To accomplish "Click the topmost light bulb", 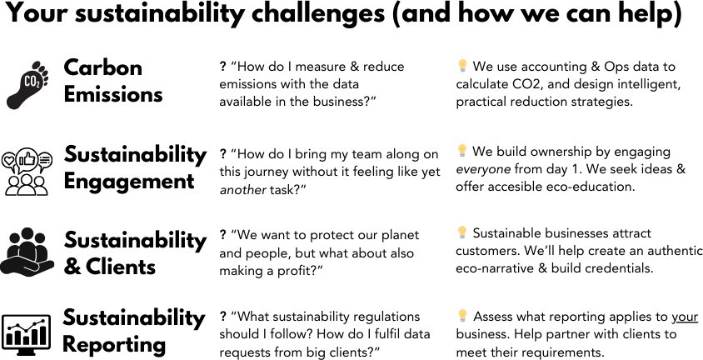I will [462, 64].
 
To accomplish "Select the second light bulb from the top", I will [462, 150].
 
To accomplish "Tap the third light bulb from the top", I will [462, 232].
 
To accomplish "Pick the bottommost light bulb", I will [462, 315].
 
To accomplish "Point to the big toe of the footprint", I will [36, 65].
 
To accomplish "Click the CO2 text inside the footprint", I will [31, 81].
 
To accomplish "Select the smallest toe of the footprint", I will [47, 82].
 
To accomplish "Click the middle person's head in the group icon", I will [27, 234].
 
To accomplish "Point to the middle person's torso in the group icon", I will [27, 249].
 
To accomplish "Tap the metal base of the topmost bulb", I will [462, 70].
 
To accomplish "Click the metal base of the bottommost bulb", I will [462, 321].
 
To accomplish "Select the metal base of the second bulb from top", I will [462, 156].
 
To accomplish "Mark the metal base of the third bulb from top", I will [462, 237].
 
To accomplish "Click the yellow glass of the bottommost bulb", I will [462, 312].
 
